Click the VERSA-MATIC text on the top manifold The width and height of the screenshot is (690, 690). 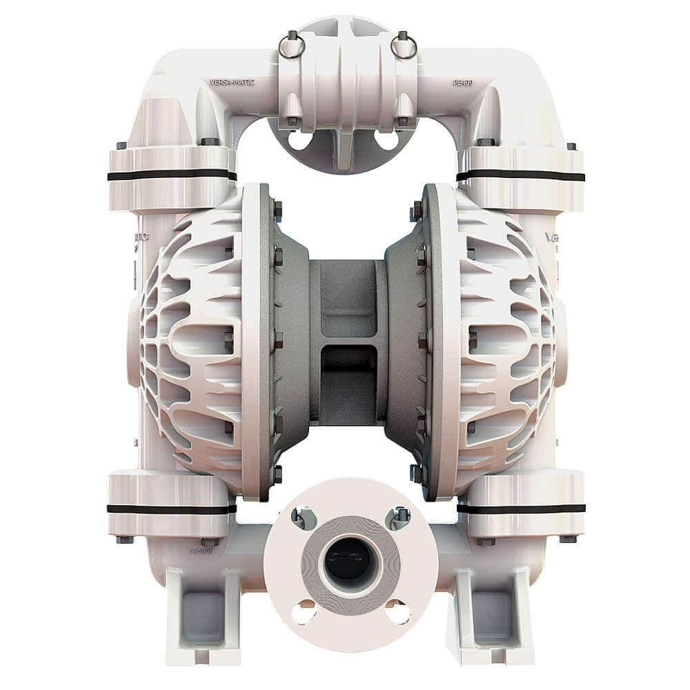click(x=232, y=82)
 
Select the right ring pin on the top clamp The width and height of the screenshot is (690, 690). click(x=403, y=46)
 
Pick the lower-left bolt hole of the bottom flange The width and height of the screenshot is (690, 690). click(x=304, y=611)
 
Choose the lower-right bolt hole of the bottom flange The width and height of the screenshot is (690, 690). click(x=396, y=611)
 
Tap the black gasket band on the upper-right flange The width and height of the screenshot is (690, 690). click(x=520, y=175)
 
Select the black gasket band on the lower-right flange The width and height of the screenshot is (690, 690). click(x=520, y=509)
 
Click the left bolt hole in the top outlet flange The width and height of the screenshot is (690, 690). click(x=299, y=141)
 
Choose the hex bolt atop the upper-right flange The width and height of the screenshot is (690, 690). click(x=485, y=141)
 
